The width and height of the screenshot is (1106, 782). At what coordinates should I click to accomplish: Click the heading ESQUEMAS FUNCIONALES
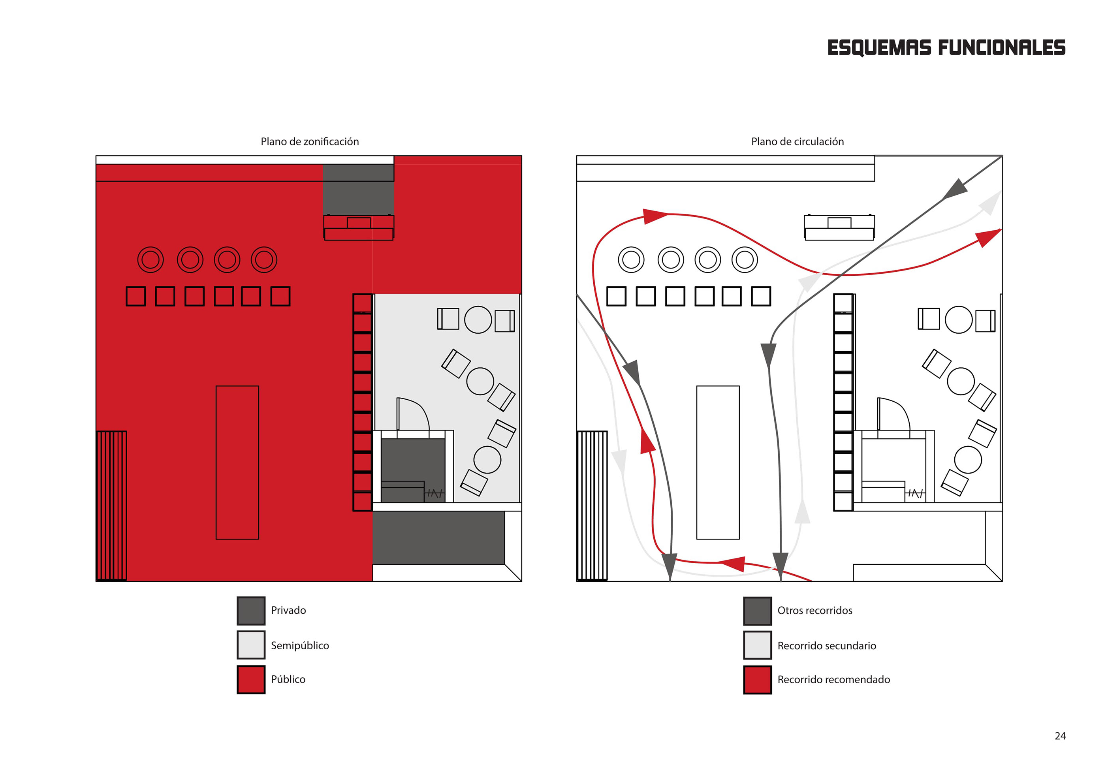(946, 48)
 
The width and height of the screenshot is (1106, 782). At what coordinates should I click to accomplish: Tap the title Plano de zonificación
(310, 141)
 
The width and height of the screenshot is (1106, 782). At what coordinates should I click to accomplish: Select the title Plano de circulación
(797, 141)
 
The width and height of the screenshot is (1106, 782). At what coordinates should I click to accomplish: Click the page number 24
(1060, 736)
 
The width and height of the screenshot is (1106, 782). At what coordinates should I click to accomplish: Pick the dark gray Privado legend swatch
(251, 611)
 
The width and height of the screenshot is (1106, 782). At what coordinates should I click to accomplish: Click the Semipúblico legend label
(300, 645)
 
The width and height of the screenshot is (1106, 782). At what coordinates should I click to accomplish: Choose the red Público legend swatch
(251, 679)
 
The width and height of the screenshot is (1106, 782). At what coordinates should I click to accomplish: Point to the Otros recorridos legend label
(814, 611)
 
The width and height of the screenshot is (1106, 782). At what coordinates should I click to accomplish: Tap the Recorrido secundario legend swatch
(757, 645)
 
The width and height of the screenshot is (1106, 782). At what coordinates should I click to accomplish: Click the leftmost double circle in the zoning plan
(150, 260)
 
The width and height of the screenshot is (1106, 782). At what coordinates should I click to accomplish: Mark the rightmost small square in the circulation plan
(761, 296)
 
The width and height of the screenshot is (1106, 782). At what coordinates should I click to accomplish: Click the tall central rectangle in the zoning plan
(237, 462)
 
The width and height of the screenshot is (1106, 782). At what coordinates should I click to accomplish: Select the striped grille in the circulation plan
(592, 506)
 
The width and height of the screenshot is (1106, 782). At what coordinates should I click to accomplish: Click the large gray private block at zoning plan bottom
(438, 538)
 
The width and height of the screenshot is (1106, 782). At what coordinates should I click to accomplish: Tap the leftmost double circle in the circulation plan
(631, 260)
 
